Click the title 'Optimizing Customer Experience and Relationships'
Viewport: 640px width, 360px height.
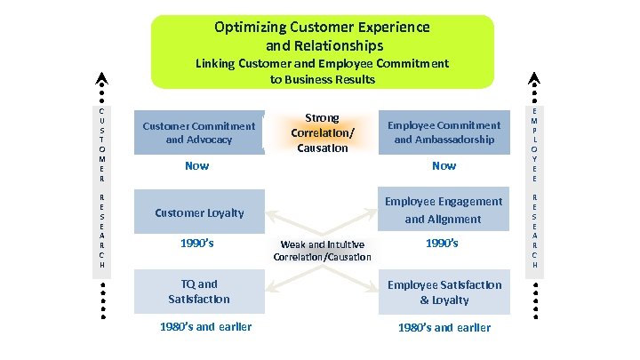322,36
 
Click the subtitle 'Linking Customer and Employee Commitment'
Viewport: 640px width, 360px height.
322,63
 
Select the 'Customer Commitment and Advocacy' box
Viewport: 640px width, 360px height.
198,132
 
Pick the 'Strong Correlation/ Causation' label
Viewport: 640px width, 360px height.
322,132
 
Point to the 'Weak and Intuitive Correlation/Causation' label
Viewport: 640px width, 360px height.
322,250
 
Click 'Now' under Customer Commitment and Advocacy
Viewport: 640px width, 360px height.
196,166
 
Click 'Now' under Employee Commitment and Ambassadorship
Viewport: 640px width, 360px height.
444,166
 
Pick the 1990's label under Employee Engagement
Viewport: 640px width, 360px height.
442,242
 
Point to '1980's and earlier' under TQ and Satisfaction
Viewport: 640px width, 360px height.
205,326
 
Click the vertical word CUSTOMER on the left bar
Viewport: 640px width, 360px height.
102,143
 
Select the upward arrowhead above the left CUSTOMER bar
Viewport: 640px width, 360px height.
102,77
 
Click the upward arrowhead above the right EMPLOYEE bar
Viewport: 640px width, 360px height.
533,77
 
